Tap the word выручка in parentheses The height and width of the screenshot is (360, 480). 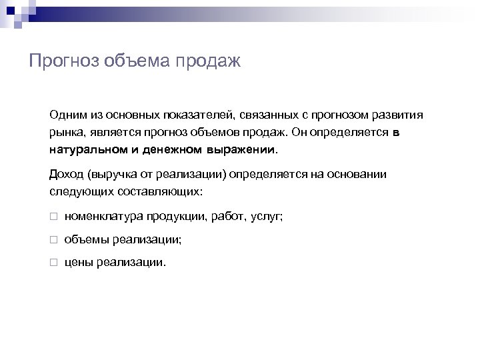pyautogui.click(x=110, y=175)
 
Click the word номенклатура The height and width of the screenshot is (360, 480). pyautogui.click(x=103, y=217)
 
